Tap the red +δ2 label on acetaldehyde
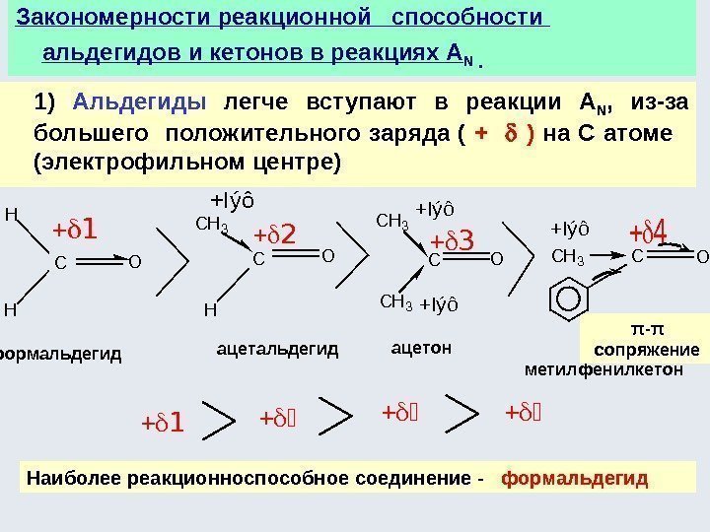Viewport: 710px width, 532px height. pyautogui.click(x=276, y=235)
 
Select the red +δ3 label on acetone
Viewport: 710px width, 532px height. pyautogui.click(x=453, y=239)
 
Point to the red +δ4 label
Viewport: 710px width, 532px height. pyautogui.click(x=649, y=233)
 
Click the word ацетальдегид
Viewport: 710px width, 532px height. pyautogui.click(x=277, y=349)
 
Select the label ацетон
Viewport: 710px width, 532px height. pyautogui.click(x=421, y=347)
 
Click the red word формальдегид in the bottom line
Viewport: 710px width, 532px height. pyautogui.click(x=575, y=479)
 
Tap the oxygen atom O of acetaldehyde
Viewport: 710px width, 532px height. pyautogui.click(x=327, y=257)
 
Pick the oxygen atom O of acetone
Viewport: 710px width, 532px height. pyautogui.click(x=496, y=260)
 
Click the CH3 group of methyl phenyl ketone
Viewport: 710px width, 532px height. pyautogui.click(x=569, y=258)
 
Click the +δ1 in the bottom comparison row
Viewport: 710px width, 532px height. pyautogui.click(x=163, y=425)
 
